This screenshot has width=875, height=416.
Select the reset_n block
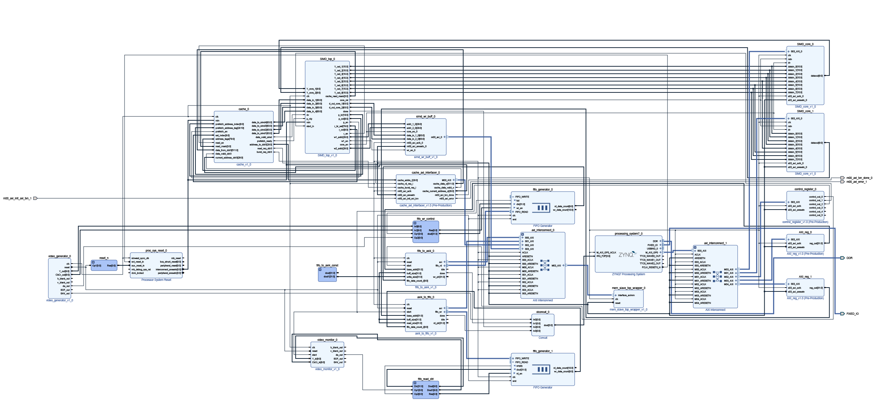[104, 265]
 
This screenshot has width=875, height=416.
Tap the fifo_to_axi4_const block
[327, 275]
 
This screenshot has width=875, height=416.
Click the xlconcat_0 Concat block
[543, 325]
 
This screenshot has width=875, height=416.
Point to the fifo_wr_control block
[426, 232]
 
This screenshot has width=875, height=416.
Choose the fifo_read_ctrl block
[426, 390]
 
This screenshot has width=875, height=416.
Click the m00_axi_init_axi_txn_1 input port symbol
[35, 198]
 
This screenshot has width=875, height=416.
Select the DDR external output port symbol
[842, 258]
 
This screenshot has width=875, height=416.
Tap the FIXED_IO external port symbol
[842, 314]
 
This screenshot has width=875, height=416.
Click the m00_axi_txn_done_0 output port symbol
[842, 178]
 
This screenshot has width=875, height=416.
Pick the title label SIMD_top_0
[327, 59]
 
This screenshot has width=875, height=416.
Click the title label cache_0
[243, 109]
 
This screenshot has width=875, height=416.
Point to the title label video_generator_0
[59, 256]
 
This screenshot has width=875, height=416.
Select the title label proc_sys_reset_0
[156, 251]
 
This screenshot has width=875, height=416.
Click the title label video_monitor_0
[327, 340]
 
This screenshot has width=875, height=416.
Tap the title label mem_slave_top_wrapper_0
[628, 288]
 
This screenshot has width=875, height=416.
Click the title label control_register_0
[805, 189]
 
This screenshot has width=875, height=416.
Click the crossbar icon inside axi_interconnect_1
[717, 276]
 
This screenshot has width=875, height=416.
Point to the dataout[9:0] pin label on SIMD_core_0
[816, 76]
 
